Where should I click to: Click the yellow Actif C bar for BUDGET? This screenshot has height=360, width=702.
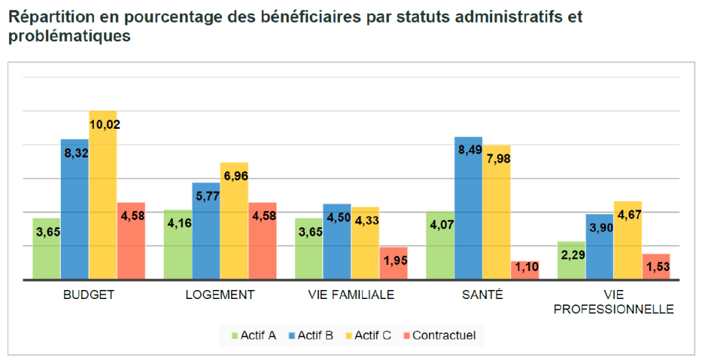(103, 195)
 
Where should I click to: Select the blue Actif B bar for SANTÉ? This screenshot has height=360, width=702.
(468, 208)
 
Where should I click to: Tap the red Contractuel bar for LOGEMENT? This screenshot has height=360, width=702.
(263, 241)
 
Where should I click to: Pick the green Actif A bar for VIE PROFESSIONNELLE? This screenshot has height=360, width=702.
(571, 261)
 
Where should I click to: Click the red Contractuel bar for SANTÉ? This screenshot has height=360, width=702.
(524, 270)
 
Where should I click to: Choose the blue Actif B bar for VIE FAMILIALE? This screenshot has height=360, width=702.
(337, 242)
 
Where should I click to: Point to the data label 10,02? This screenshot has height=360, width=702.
(105, 125)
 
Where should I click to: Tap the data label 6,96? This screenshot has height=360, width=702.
(236, 176)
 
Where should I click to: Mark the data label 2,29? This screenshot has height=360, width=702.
(573, 255)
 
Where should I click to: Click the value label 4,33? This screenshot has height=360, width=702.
(367, 220)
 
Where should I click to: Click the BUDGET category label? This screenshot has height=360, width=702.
(88, 295)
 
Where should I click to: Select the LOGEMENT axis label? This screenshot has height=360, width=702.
(220, 295)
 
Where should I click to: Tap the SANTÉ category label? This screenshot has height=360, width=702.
(483, 294)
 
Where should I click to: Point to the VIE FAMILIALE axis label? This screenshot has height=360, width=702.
(351, 295)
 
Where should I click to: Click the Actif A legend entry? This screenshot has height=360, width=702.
(254, 335)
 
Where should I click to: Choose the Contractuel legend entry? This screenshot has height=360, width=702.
(439, 335)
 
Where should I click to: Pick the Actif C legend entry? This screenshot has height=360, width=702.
(368, 335)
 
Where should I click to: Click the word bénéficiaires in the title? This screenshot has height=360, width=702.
(302, 17)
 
